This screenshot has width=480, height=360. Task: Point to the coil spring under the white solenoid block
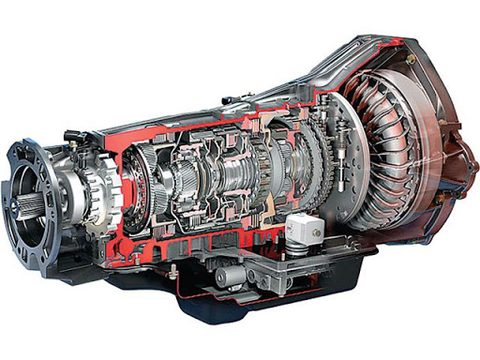[x=298, y=246]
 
